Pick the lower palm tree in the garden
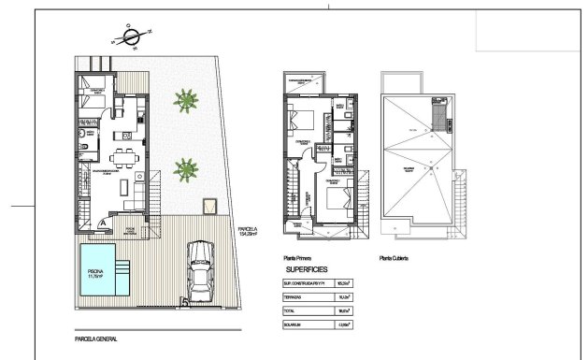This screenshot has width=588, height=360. pos(185,168)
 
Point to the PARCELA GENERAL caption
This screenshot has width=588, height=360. pos(96,327)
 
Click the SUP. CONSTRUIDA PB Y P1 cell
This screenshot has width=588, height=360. pos(308,281)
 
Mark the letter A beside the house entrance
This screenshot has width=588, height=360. pos(101,223)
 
